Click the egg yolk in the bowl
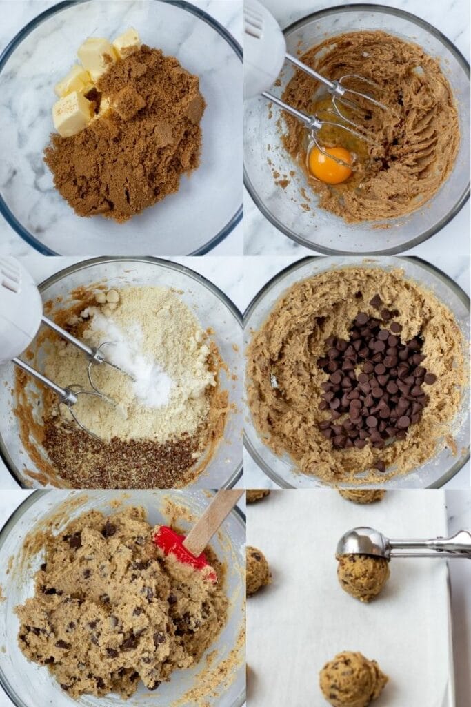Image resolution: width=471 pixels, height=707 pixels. [x=330, y=166]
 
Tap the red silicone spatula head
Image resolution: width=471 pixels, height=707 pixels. [x=181, y=548]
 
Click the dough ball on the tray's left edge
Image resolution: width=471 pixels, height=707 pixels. [x=257, y=570]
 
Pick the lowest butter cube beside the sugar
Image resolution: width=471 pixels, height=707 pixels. [x=71, y=113]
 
